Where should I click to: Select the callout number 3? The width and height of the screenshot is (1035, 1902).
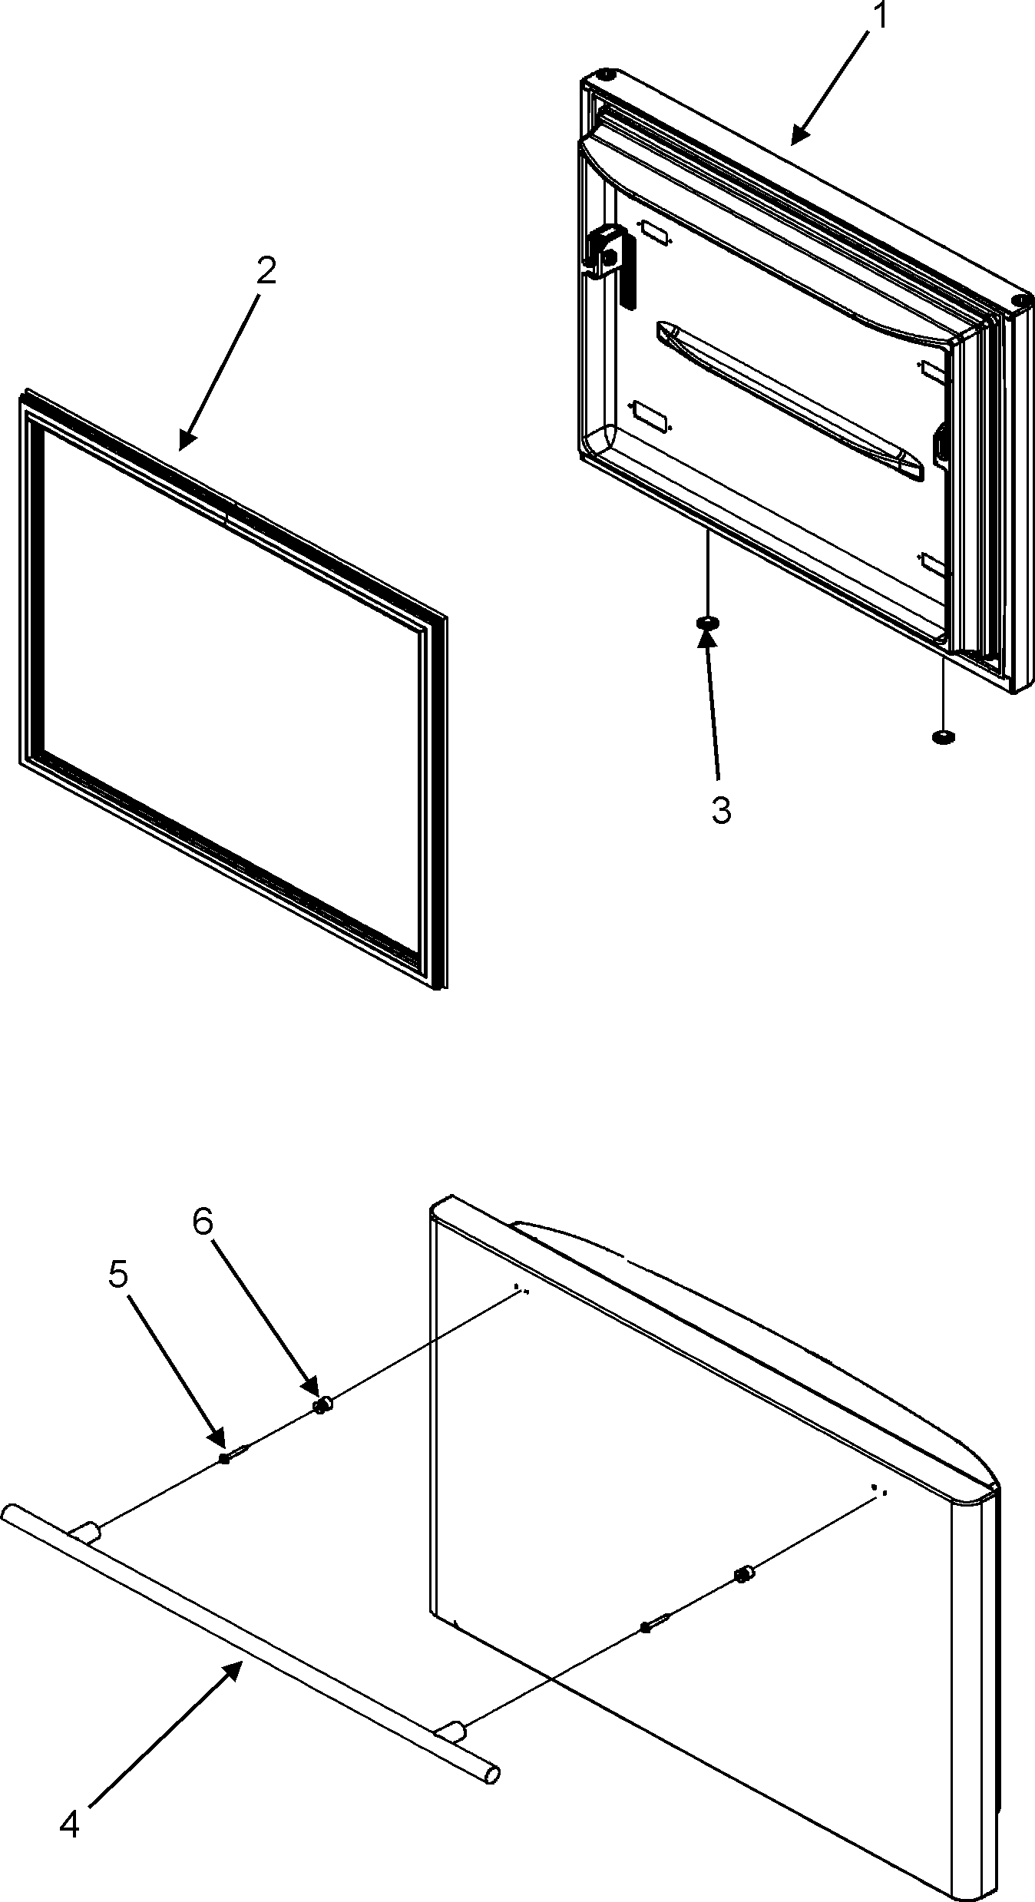point(720,810)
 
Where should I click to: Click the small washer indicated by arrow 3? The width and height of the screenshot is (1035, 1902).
point(707,621)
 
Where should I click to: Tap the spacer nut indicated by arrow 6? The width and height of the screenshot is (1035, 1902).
point(322,1405)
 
